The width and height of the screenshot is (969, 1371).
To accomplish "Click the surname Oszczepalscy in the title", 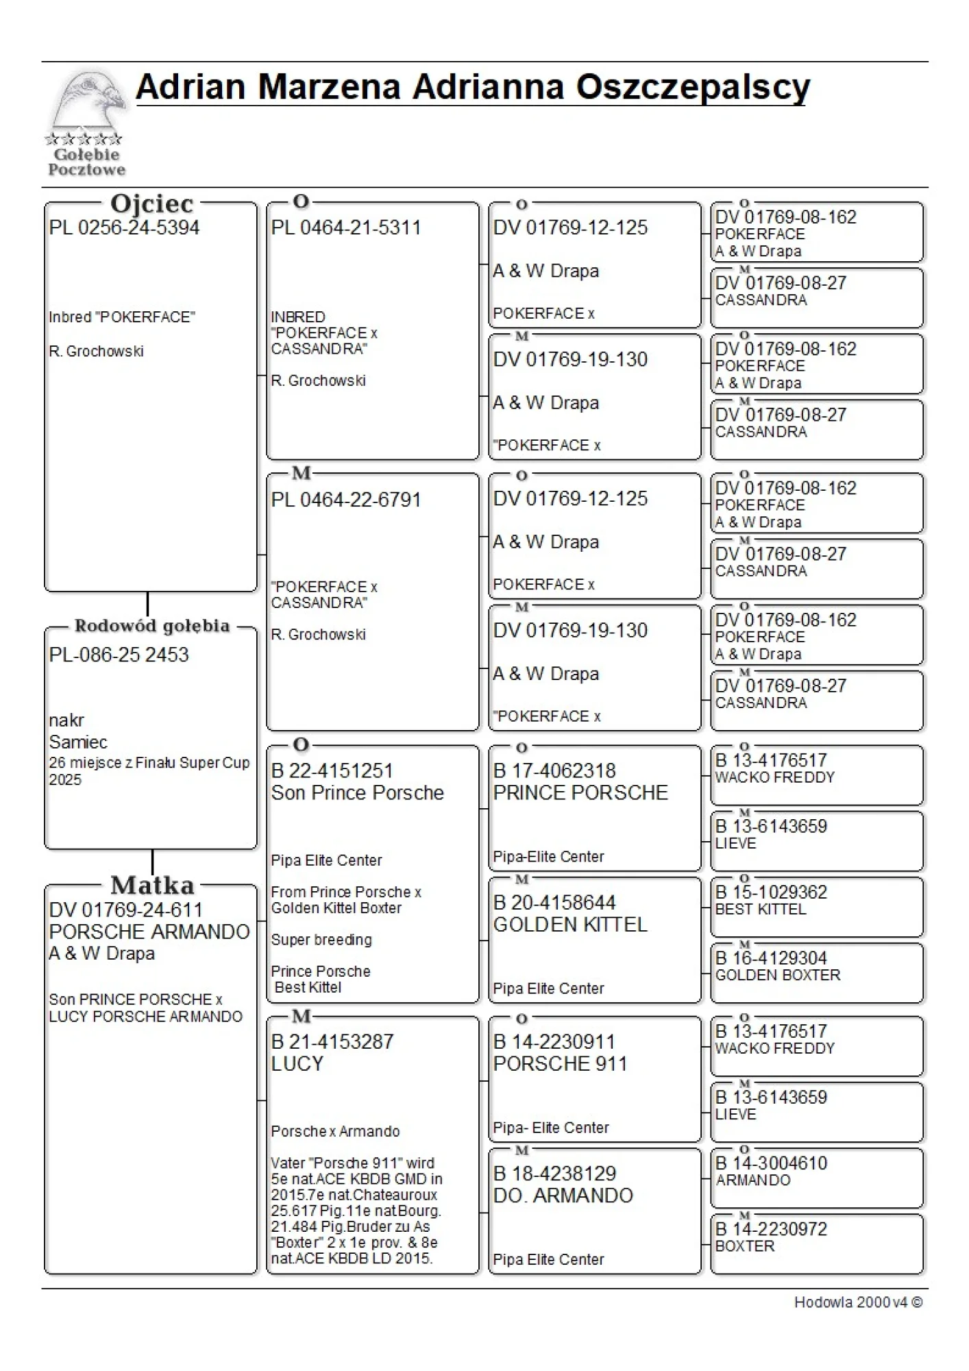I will pyautogui.click(x=692, y=88).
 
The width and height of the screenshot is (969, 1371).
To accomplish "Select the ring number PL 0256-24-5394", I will pyautogui.click(x=124, y=228).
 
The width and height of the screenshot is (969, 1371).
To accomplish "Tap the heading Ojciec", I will pyautogui.click(x=151, y=204).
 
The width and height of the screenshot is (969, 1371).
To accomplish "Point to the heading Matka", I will pyautogui.click(x=152, y=885).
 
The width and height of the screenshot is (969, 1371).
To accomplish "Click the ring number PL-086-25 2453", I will pyautogui.click(x=119, y=655).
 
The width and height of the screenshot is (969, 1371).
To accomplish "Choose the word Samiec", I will pyautogui.click(x=78, y=742).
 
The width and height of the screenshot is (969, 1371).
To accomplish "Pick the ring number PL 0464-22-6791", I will pyautogui.click(x=345, y=500).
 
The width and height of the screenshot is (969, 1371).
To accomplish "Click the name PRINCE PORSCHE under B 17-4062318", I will pyautogui.click(x=580, y=792).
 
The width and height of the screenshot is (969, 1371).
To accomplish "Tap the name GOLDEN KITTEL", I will pyautogui.click(x=569, y=925).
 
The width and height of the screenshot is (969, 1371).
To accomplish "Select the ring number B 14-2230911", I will pyautogui.click(x=554, y=1042).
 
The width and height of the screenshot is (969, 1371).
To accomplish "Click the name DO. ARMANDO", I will pyautogui.click(x=563, y=1196).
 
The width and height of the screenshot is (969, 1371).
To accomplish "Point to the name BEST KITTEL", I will pyautogui.click(x=761, y=909).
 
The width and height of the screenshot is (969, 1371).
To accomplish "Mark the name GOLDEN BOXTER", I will pyautogui.click(x=777, y=975).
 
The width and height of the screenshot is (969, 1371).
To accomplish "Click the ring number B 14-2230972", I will pyautogui.click(x=771, y=1229).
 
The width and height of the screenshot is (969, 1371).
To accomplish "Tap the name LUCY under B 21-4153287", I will pyautogui.click(x=297, y=1064).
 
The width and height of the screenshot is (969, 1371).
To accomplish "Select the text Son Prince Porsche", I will pyautogui.click(x=357, y=793).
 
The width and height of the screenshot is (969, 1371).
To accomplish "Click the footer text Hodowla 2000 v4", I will pyautogui.click(x=857, y=1302).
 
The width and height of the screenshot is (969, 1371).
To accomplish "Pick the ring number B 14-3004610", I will pyautogui.click(x=771, y=1163).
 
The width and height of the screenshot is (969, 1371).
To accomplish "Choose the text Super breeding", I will pyautogui.click(x=321, y=940).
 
